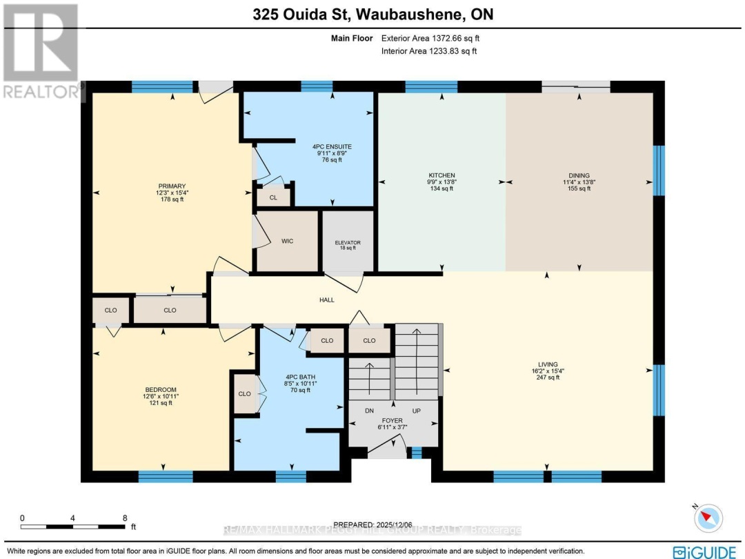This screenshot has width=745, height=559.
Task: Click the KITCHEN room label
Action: pos(441,175)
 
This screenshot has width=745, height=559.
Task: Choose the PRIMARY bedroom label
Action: pos(172,186)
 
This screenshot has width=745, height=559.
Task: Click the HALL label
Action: pos(327,300)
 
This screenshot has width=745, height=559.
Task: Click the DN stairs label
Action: pos(369,410)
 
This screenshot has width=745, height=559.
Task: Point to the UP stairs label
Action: pos(416,410)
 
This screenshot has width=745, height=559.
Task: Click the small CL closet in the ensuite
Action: pos(273,196)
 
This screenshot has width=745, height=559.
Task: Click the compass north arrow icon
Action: pos(708,518)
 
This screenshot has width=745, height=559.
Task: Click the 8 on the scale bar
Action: pos(125,518)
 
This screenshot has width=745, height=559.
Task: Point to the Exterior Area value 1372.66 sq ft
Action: pos(449,39)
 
